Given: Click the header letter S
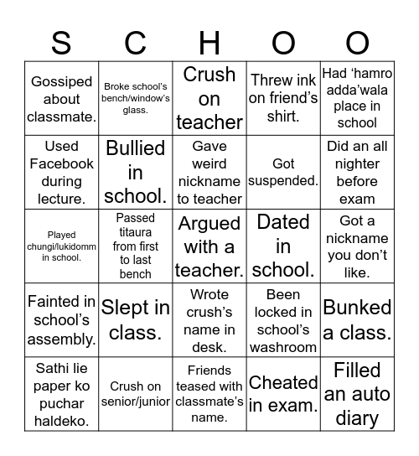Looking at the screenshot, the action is [x=61, y=42].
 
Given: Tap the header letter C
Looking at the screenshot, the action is [x=136, y=42].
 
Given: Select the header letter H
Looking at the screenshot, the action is [x=209, y=42].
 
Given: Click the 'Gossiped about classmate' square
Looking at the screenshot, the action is [x=61, y=99].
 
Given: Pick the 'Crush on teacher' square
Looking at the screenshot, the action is [x=209, y=99].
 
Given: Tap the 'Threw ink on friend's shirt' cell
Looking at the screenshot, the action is [x=283, y=99].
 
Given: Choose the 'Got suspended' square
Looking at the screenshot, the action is [x=283, y=173].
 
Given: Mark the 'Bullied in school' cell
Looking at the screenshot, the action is [x=136, y=173].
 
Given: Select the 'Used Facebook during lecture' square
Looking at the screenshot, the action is [x=61, y=173].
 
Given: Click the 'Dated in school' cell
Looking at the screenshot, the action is [x=283, y=246].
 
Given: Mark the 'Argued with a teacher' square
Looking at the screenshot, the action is [x=209, y=246].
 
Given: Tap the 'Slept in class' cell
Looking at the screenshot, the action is [x=136, y=320].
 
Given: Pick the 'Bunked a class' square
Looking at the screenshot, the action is [x=357, y=320].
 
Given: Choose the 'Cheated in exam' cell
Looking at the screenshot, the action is [x=283, y=394].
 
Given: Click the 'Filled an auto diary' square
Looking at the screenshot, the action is [x=357, y=394].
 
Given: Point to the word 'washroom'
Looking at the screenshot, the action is [x=283, y=347].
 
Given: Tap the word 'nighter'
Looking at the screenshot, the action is [x=357, y=164].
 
